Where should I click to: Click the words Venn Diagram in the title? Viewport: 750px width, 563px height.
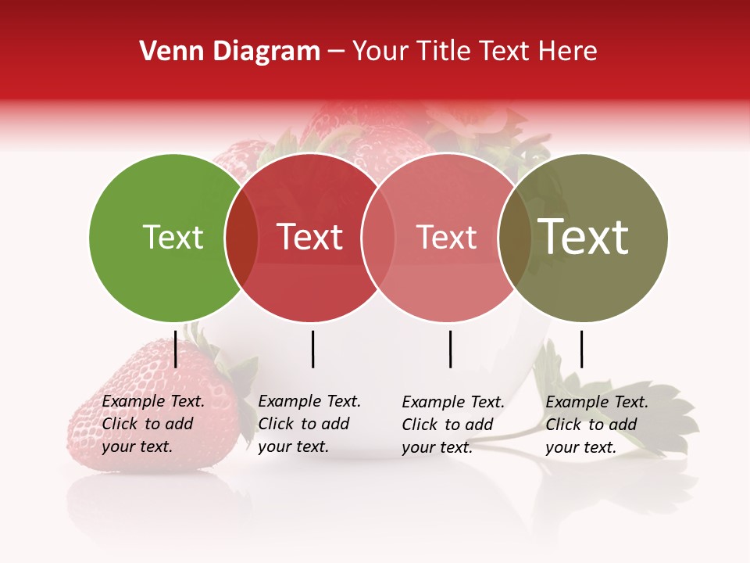point(230,52)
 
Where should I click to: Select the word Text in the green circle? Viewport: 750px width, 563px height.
point(173,238)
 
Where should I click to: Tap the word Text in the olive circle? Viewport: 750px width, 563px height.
point(584,237)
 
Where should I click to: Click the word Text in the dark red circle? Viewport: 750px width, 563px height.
point(310,238)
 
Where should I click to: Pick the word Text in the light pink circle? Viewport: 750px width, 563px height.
point(446,238)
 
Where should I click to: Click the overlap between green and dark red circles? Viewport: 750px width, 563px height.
point(241,238)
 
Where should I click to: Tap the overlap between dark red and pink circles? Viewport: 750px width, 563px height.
point(377,238)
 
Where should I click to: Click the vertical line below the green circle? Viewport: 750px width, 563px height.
point(176,349)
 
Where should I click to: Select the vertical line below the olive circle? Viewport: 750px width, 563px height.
point(582,349)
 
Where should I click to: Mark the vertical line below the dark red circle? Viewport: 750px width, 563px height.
point(313,349)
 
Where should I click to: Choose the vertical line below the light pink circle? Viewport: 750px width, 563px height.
point(451,349)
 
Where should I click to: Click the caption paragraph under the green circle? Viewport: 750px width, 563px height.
point(152,424)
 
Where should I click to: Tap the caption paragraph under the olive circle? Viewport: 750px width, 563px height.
point(596,425)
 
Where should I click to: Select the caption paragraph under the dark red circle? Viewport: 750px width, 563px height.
point(309,424)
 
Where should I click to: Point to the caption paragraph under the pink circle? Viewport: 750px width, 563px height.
point(452,425)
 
